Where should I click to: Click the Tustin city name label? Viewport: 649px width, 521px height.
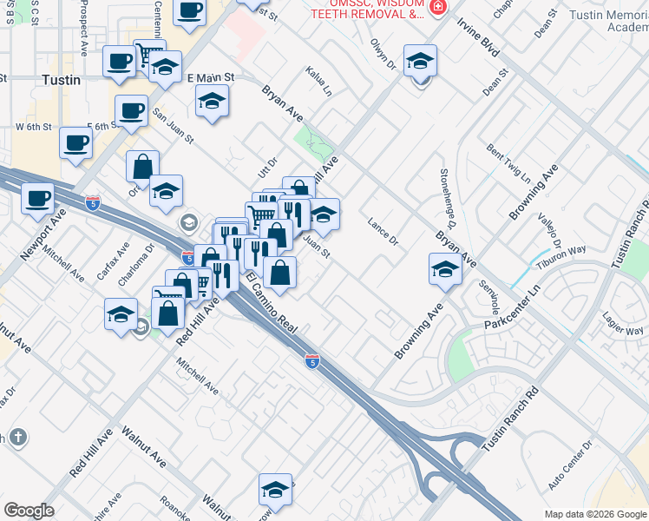[61, 80]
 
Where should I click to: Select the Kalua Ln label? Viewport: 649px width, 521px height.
[318, 81]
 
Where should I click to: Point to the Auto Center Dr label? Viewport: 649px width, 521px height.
[570, 467]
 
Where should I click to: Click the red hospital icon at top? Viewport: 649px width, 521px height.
[438, 7]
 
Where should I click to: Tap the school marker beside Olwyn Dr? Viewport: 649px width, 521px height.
[420, 61]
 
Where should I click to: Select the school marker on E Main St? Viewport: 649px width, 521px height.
[212, 102]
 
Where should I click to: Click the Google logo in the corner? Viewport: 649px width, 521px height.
[29, 511]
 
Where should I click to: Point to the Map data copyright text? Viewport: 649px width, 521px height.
[594, 514]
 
